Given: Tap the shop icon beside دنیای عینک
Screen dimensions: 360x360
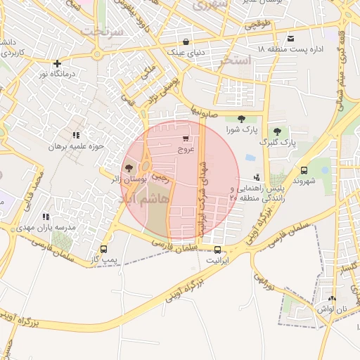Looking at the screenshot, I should pyautogui.click(x=186, y=41).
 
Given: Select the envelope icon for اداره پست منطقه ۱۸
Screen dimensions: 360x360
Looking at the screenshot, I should pyautogui.click(x=291, y=39).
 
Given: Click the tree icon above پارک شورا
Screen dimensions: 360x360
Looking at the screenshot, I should pyautogui.click(x=242, y=119).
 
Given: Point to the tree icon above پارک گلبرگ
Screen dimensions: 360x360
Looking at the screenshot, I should pyautogui.click(x=278, y=131).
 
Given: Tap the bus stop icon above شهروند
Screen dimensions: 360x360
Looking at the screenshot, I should pyautogui.click(x=304, y=170).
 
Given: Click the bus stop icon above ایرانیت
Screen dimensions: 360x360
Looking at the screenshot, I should pyautogui.click(x=217, y=250).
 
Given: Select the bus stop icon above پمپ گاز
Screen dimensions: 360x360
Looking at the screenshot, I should pyautogui.click(x=104, y=249).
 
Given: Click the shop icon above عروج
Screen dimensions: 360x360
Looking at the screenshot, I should pyautogui.click(x=186, y=139).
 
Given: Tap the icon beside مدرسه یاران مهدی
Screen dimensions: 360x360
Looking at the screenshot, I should pyautogui.click(x=46, y=217).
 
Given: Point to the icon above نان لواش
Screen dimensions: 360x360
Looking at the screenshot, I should pyautogui.click(x=333, y=298).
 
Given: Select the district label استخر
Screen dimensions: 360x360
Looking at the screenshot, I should pyautogui.click(x=235, y=60).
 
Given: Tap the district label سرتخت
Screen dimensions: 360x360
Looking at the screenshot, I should pyautogui.click(x=102, y=32).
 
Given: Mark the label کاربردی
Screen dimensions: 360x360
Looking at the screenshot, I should pyautogui.click(x=12, y=53).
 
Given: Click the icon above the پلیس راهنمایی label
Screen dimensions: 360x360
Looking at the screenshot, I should pyautogui.click(x=257, y=178).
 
